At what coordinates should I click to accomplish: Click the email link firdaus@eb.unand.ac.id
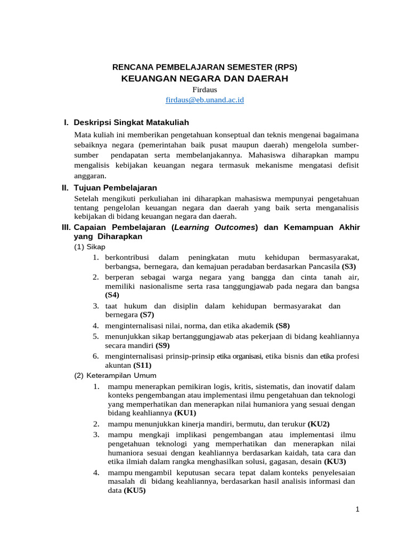click(204, 100)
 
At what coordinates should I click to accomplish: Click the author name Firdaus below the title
click(204, 90)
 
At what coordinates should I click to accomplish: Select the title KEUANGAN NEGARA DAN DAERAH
click(204, 79)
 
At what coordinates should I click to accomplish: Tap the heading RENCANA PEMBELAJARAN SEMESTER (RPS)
click(204, 67)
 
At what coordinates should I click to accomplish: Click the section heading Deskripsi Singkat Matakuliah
click(131, 122)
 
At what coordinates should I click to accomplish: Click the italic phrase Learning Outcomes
click(215, 227)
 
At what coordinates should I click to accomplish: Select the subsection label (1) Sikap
click(89, 247)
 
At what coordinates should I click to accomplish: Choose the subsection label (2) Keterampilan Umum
click(111, 375)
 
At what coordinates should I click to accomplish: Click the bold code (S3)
click(349, 266)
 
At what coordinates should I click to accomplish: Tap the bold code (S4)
click(112, 294)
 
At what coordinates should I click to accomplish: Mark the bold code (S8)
click(283, 326)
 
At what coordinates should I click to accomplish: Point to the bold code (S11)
click(142, 365)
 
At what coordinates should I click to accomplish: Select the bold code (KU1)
click(185, 412)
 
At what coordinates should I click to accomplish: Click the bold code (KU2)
click(318, 424)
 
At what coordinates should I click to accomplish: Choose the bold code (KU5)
click(135, 491)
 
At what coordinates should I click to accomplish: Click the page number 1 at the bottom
click(358, 509)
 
